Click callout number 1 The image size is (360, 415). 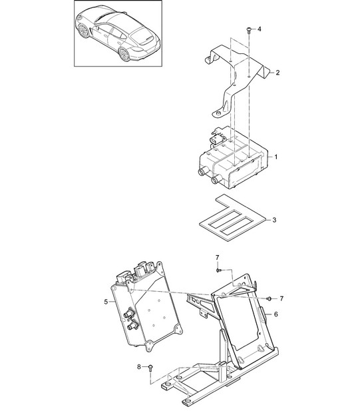pos(276,157)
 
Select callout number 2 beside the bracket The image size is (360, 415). pos(277,73)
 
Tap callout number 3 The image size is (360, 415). pos(274,220)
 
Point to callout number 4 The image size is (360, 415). pos(259,29)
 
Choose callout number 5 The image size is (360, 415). pos(106,302)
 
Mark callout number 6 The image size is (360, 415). pos(276,314)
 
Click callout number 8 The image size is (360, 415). pos(139,367)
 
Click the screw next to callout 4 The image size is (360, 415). pos(249,31)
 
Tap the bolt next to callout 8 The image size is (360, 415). pos(150,368)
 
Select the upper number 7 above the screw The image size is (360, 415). pos(218,257)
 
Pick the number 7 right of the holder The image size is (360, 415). pos(281,298)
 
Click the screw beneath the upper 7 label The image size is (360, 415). pos(218,270)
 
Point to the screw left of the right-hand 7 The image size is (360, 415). pos(270,298)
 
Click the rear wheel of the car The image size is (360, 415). pos(124,54)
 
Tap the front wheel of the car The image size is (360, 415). pos(84,31)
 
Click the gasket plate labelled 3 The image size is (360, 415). pos(234,218)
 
